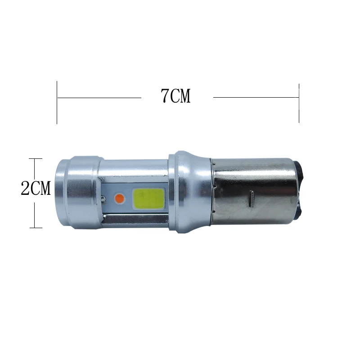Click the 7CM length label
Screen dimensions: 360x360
[x=175, y=95]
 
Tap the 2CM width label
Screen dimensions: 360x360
[x=36, y=188]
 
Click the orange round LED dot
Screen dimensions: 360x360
[x=119, y=198]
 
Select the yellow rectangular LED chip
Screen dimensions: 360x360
[x=149, y=199]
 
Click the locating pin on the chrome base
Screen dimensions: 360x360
[x=252, y=198]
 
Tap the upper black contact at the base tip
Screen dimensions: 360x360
[x=299, y=170]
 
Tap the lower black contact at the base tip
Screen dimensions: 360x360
[x=300, y=211]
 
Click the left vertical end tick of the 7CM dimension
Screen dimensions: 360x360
[x=57, y=103]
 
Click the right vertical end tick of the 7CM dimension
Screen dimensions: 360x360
[x=299, y=103]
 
